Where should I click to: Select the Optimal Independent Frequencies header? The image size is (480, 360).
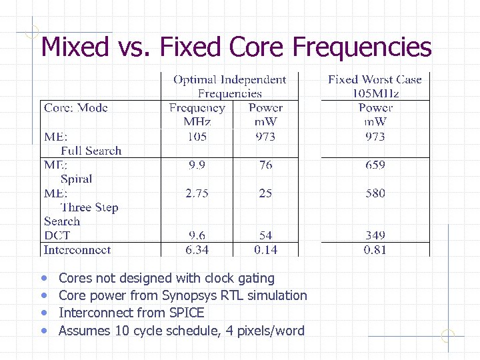[x=229, y=87]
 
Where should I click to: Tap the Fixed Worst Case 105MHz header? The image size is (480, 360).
[x=375, y=87]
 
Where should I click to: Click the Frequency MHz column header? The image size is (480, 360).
[x=197, y=115]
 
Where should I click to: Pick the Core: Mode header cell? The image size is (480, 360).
[x=76, y=108]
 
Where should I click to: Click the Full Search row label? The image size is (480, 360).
[x=91, y=151]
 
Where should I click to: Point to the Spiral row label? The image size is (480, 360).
[x=76, y=179]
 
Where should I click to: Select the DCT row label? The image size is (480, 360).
[x=57, y=235]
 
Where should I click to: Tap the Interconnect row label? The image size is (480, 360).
[x=77, y=250]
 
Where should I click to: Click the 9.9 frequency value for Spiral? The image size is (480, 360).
[x=197, y=165]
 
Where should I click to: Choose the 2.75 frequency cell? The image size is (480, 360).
[x=197, y=193]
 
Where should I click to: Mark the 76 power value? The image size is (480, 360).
[x=265, y=165]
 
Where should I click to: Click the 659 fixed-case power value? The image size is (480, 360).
[x=375, y=165]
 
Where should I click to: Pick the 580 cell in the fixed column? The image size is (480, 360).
[x=375, y=193]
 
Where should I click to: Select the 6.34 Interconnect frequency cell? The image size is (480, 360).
[x=197, y=250]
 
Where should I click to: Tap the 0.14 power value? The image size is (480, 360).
[x=265, y=250]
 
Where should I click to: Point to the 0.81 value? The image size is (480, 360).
[x=375, y=250]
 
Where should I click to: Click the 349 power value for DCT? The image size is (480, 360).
[x=375, y=235]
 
